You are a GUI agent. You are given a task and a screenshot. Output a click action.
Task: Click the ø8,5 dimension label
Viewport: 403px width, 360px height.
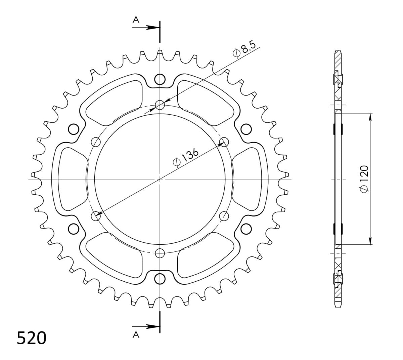click(x=241, y=50)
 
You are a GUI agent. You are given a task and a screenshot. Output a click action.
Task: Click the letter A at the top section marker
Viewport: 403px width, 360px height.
click(x=136, y=20)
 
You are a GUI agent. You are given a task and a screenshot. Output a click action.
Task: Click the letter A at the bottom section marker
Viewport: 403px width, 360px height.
click(x=136, y=334)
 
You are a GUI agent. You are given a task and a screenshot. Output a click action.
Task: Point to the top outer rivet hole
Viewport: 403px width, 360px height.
click(x=160, y=80)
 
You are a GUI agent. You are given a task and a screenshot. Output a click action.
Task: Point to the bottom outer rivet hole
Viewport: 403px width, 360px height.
click(x=160, y=278)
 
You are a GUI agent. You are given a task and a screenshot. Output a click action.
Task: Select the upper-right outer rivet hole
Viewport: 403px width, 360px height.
click(x=246, y=129)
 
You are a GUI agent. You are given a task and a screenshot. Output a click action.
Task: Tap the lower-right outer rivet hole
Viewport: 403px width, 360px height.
click(x=246, y=229)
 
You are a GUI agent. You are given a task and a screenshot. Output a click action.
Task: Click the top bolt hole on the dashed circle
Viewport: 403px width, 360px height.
click(x=160, y=105)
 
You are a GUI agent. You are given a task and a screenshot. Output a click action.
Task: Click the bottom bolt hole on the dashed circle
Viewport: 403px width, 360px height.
click(x=160, y=253)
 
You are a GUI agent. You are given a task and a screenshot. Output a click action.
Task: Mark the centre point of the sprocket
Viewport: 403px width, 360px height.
click(x=160, y=179)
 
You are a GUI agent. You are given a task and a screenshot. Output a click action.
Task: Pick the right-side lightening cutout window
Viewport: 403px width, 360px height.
click(x=248, y=179)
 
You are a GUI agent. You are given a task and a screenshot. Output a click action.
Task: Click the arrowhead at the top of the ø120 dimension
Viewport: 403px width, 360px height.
click(x=370, y=116)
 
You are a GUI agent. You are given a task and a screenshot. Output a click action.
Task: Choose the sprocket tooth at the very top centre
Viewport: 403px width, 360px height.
click(x=160, y=52)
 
